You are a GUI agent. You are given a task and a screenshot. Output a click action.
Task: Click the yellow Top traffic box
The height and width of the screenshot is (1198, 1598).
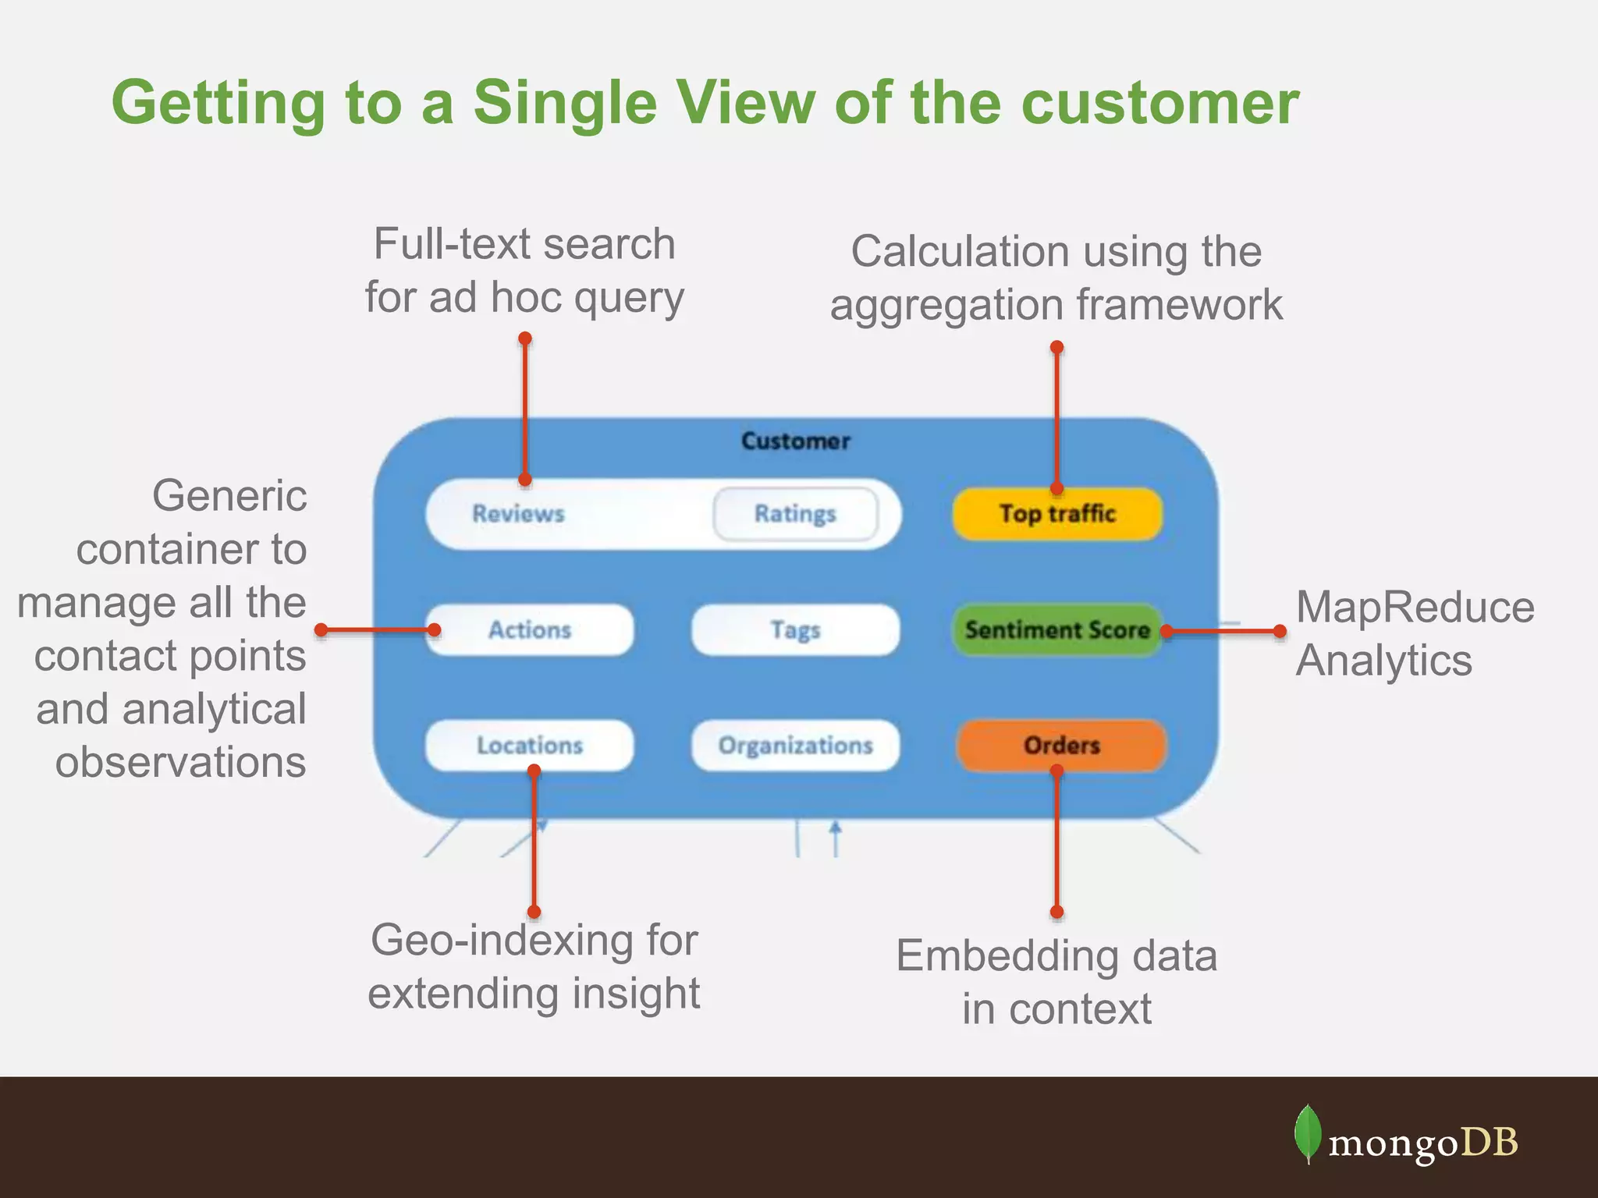[x=1057, y=513]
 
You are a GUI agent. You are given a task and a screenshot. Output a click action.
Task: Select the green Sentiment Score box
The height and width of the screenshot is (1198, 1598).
[x=1057, y=629]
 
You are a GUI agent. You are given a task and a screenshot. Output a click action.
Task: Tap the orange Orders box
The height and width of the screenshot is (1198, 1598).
[x=1061, y=745]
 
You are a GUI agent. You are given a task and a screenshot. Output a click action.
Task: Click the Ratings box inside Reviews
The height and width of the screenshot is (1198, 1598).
[x=795, y=514]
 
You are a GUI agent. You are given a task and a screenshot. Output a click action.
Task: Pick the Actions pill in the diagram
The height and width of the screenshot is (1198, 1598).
[x=530, y=629]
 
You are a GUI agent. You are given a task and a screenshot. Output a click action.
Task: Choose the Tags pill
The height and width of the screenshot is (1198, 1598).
[x=795, y=629]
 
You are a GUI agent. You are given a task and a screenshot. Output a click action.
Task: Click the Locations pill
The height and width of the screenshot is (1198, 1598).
[x=530, y=745]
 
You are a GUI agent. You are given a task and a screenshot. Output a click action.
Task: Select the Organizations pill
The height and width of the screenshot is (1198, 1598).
[x=795, y=745]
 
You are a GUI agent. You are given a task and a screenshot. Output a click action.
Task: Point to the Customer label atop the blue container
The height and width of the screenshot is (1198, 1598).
[x=795, y=441]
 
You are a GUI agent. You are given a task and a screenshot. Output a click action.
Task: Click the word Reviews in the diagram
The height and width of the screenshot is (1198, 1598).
[x=518, y=514]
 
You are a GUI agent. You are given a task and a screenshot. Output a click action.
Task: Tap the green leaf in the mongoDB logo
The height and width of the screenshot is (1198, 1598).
[x=1308, y=1133]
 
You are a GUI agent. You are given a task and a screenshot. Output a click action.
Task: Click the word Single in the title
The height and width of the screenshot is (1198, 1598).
[x=565, y=102]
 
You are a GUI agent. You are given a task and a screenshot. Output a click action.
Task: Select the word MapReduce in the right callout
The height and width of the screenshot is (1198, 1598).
[x=1415, y=607]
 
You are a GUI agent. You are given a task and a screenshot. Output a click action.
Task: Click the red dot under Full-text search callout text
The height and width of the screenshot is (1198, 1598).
[x=525, y=338]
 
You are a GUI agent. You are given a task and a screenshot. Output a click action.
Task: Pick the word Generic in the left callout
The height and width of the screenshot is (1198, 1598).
[x=229, y=496]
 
